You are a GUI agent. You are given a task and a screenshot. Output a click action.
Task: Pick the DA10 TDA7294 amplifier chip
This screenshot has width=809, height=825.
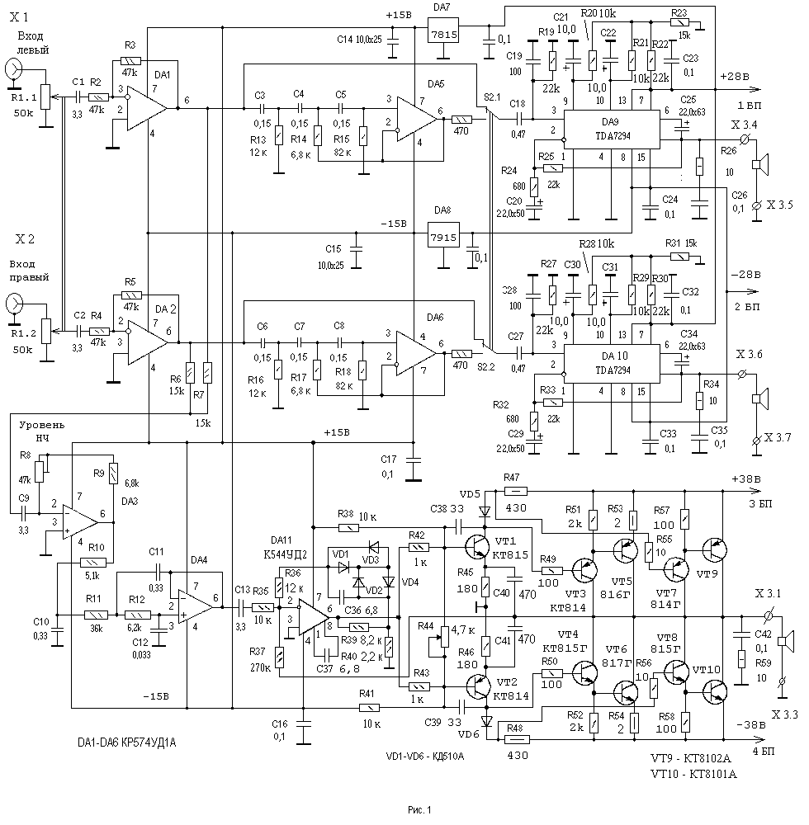click(611, 360)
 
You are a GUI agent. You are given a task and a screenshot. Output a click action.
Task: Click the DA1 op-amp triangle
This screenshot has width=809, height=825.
click(145, 107)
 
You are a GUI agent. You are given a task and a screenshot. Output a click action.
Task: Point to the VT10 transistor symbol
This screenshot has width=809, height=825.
click(715, 691)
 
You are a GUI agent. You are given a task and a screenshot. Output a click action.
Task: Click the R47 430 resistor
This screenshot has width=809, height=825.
click(513, 491)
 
